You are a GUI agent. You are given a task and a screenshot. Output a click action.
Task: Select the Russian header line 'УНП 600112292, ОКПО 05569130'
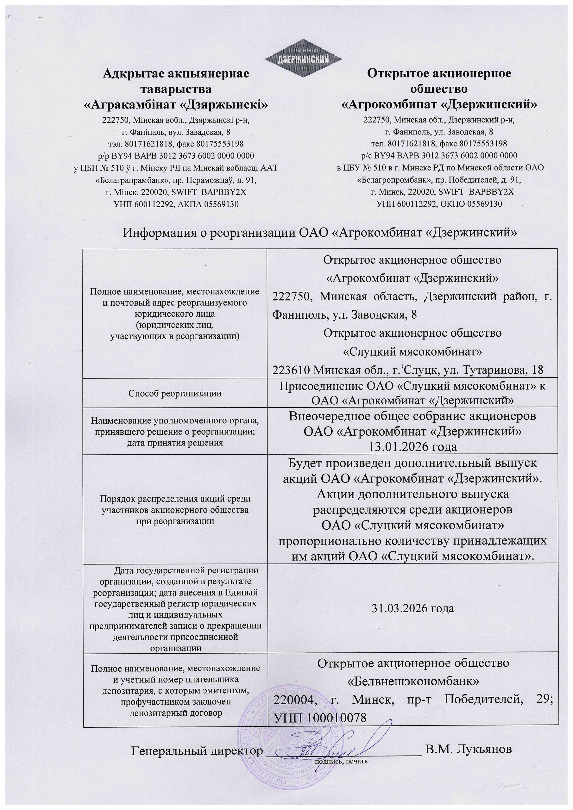click(439, 204)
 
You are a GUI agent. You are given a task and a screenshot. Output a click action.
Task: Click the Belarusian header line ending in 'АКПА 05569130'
click(176, 204)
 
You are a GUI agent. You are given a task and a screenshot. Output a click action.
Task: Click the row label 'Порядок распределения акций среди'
click(175, 499)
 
